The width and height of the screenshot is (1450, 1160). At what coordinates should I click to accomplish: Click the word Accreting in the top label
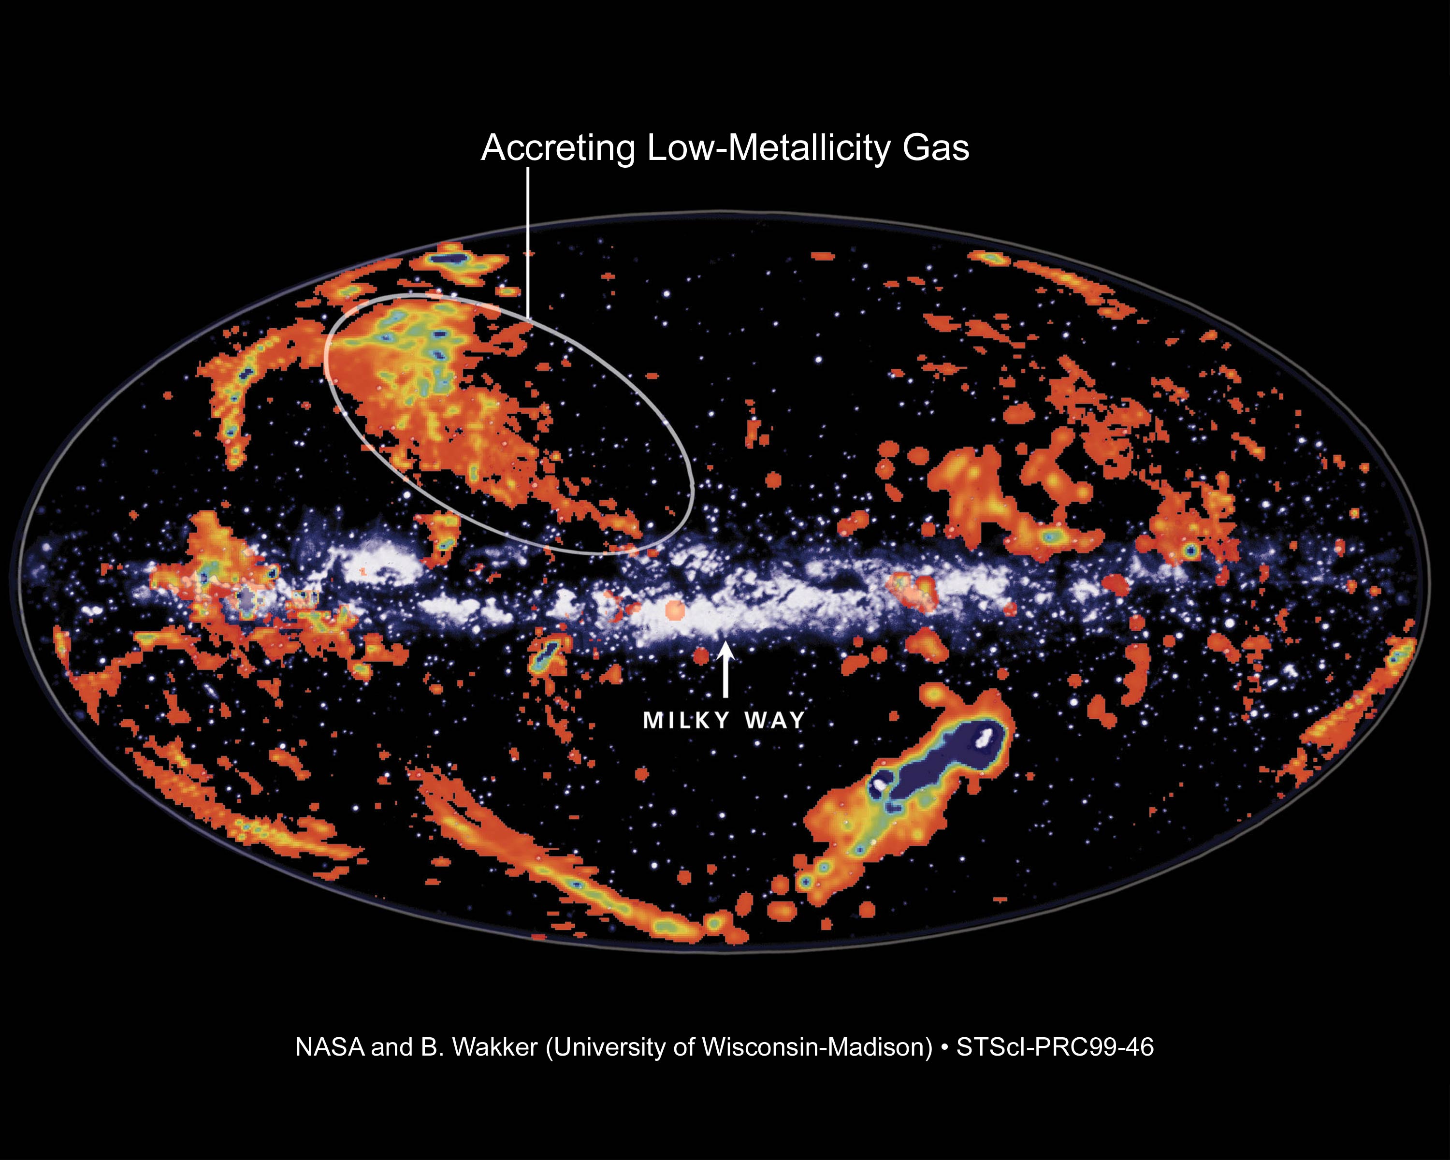[558, 148]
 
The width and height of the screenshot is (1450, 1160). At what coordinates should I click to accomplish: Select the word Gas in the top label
[936, 148]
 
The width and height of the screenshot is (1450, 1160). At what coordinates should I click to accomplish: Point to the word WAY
[775, 721]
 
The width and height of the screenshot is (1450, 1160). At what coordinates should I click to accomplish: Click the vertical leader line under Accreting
[528, 242]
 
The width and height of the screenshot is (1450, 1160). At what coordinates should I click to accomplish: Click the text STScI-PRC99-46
[1055, 1047]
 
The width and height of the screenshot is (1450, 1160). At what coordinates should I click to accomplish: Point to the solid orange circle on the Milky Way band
[675, 610]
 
